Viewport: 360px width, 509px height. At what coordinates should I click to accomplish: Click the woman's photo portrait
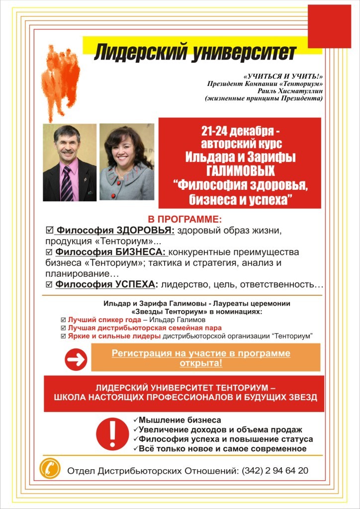click(126, 162)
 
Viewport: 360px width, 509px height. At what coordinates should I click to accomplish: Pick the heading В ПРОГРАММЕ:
click(184, 219)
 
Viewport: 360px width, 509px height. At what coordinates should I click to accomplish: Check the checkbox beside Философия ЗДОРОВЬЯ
click(49, 231)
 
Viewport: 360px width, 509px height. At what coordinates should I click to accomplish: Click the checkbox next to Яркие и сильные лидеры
click(63, 337)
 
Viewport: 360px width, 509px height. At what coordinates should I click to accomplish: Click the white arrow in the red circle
click(76, 359)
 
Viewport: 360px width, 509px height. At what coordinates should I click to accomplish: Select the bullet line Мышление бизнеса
click(180, 420)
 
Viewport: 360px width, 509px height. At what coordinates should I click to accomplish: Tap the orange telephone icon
click(50, 468)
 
